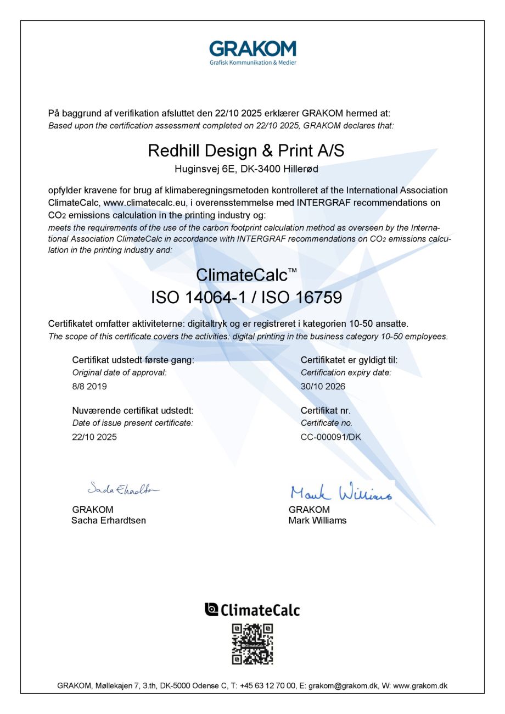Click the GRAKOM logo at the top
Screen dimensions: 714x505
tap(252, 52)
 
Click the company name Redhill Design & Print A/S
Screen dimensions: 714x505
tap(246, 151)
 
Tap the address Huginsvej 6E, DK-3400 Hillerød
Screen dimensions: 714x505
tap(246, 169)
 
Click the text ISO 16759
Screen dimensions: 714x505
tap(301, 298)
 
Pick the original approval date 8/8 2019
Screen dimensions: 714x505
tap(89, 386)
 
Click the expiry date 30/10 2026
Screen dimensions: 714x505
tap(323, 386)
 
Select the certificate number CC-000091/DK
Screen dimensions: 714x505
tap(331, 437)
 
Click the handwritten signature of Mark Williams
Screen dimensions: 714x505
tap(341, 491)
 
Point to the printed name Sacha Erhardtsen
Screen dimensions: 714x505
tap(109, 520)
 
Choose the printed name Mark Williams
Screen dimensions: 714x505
tap(317, 520)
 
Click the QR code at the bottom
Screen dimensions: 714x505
tap(252, 644)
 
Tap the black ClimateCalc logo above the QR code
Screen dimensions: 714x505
tap(252, 610)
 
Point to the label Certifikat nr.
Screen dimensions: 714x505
tap(326, 410)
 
